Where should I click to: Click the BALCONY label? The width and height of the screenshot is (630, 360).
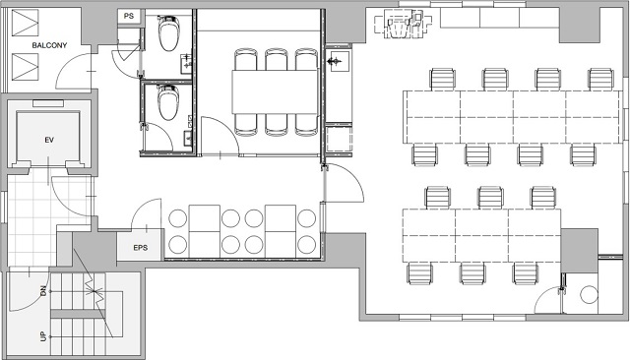[x=49, y=45]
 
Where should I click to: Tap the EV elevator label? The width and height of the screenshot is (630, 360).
[x=49, y=140]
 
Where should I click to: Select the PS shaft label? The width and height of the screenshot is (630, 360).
[x=129, y=17]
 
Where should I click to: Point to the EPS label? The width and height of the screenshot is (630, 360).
[x=140, y=248]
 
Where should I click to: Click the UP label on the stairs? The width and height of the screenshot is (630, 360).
[x=43, y=336]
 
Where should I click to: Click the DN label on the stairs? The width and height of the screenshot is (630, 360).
[x=43, y=291]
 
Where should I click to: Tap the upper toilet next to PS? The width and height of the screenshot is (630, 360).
[x=168, y=32]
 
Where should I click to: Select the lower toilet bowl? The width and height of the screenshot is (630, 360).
[x=167, y=102]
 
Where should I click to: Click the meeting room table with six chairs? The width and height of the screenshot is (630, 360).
[x=276, y=91]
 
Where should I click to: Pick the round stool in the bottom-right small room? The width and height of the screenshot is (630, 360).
[x=589, y=294]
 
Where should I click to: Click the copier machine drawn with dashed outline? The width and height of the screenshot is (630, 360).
[x=403, y=25]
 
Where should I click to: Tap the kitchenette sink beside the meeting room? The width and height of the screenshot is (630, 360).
[x=338, y=61]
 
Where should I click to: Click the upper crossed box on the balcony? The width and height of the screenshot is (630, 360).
[x=25, y=23]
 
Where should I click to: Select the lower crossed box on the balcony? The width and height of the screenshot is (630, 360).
[x=25, y=67]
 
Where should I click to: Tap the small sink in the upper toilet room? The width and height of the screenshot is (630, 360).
[x=186, y=64]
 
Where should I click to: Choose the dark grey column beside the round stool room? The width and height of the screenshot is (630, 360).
[x=579, y=251]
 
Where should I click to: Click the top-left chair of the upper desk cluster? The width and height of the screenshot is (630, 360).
[x=443, y=79]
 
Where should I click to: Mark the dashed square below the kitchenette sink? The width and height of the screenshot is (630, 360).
[x=339, y=139]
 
